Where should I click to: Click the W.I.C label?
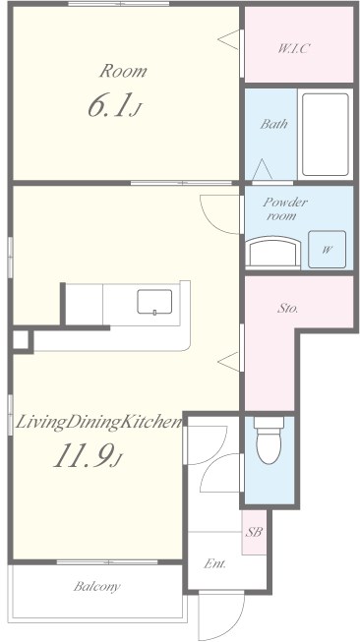(x=293, y=49)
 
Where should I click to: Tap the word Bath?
(x=273, y=124)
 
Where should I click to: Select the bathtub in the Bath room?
(x=326, y=135)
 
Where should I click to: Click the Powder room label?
(x=284, y=208)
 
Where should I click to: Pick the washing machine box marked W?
(x=327, y=250)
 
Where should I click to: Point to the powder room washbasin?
(x=274, y=253)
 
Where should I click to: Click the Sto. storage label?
(x=287, y=309)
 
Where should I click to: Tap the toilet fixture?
(x=269, y=440)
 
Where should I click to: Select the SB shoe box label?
(x=254, y=532)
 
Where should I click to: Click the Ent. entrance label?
(x=215, y=563)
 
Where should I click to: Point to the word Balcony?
(x=96, y=586)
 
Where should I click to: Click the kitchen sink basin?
(x=154, y=302)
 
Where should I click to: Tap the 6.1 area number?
(x=111, y=105)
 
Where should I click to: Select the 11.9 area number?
(x=84, y=456)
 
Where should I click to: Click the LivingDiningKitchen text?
(x=98, y=423)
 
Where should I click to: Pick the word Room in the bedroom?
(x=123, y=71)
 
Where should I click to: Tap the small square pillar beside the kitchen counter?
(x=21, y=340)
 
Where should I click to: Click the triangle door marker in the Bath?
(x=263, y=169)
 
